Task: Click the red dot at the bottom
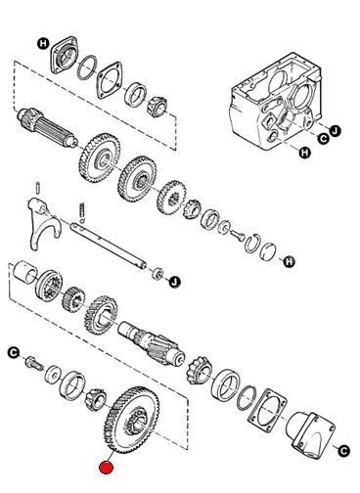(x=106, y=468)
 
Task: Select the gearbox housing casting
(x=276, y=101)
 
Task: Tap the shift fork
(x=43, y=224)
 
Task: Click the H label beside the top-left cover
(x=43, y=43)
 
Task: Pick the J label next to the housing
(x=335, y=131)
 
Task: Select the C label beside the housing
(x=323, y=139)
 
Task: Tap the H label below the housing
(x=305, y=153)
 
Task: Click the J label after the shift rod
(x=175, y=281)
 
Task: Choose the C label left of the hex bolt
(x=14, y=353)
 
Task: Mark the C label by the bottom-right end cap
(x=343, y=451)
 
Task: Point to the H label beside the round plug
(x=289, y=261)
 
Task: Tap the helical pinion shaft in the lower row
(x=152, y=342)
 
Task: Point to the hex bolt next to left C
(x=33, y=363)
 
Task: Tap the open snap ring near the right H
(x=252, y=243)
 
